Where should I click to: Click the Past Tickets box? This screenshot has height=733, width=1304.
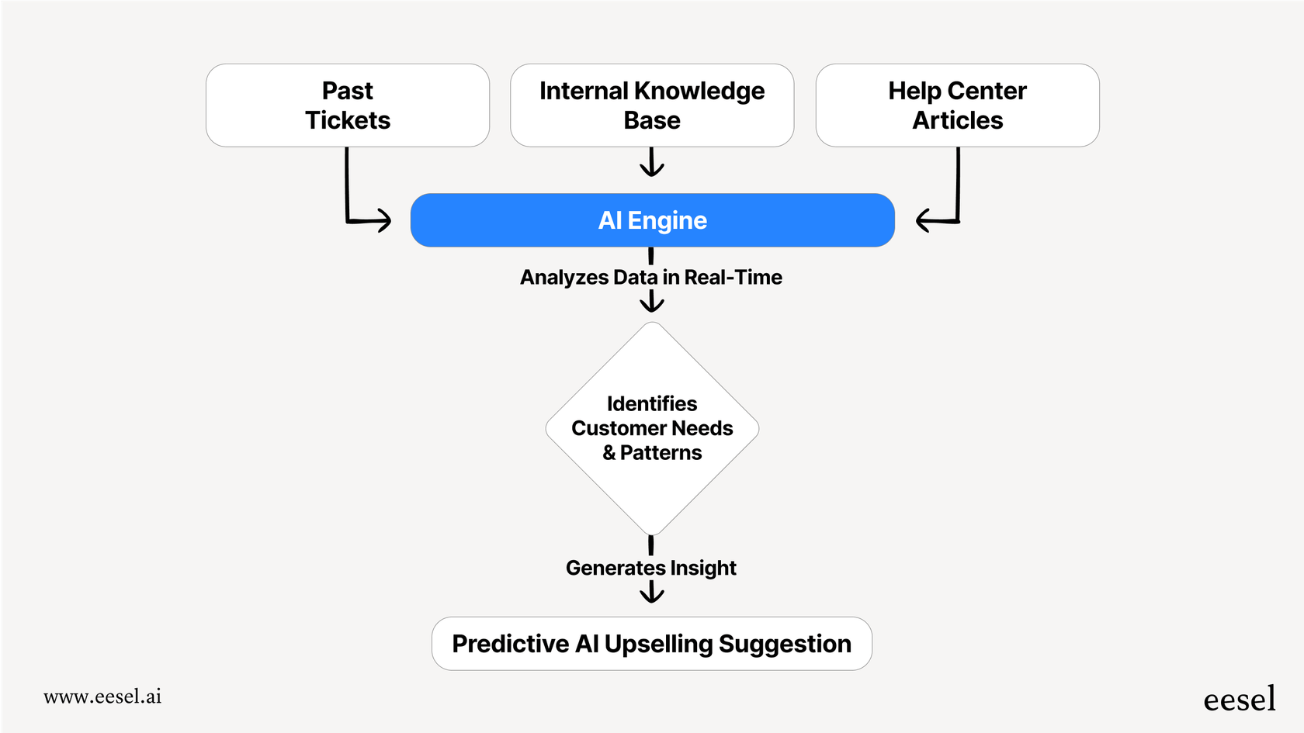pyautogui.click(x=347, y=105)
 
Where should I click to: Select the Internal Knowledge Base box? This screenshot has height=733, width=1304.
pyautogui.click(x=652, y=105)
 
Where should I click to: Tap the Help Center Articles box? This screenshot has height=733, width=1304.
pyautogui.click(x=957, y=105)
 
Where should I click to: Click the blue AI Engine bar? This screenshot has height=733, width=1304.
pyautogui.click(x=652, y=220)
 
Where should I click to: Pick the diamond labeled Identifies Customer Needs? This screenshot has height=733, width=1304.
pyautogui.click(x=652, y=428)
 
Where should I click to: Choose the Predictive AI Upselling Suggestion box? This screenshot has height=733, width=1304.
pyautogui.click(x=652, y=644)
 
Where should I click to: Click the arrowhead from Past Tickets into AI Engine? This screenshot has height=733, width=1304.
pyautogui.click(x=383, y=220)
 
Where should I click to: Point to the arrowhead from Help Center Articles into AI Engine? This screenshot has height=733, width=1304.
pyautogui.click(x=924, y=220)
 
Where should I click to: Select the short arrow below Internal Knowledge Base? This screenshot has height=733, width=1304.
pyautogui.click(x=652, y=163)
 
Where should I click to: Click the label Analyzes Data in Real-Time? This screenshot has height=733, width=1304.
pyautogui.click(x=650, y=277)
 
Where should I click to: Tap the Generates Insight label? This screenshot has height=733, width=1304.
pyautogui.click(x=650, y=568)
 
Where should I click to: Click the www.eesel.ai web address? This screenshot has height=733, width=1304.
pyautogui.click(x=102, y=697)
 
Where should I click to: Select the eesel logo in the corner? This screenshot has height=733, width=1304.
pyautogui.click(x=1239, y=700)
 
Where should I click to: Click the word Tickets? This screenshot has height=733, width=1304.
pyautogui.click(x=347, y=120)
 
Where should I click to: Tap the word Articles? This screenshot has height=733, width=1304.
pyautogui.click(x=957, y=120)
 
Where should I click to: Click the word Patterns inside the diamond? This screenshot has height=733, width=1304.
pyautogui.click(x=661, y=453)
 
